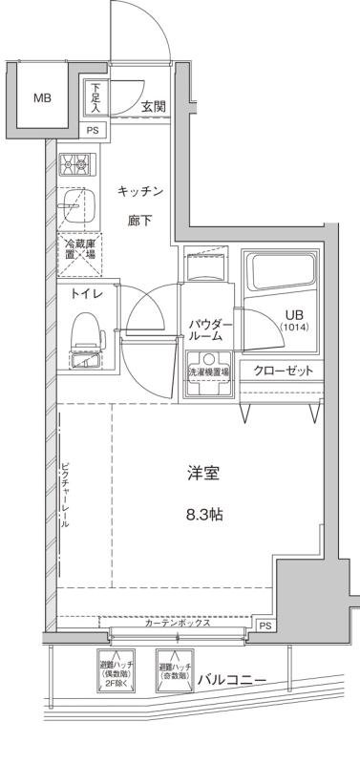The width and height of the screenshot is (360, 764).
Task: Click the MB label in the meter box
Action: point(44,98)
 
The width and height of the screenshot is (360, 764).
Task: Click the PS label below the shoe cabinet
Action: point(93,131)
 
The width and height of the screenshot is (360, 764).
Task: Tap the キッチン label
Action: point(141,192)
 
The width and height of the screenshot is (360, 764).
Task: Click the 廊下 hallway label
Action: point(141,222)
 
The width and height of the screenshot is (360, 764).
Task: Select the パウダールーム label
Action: point(205,329)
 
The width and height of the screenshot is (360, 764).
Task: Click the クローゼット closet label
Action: point(284,371)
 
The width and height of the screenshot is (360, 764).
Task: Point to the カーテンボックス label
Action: point(180,623)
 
